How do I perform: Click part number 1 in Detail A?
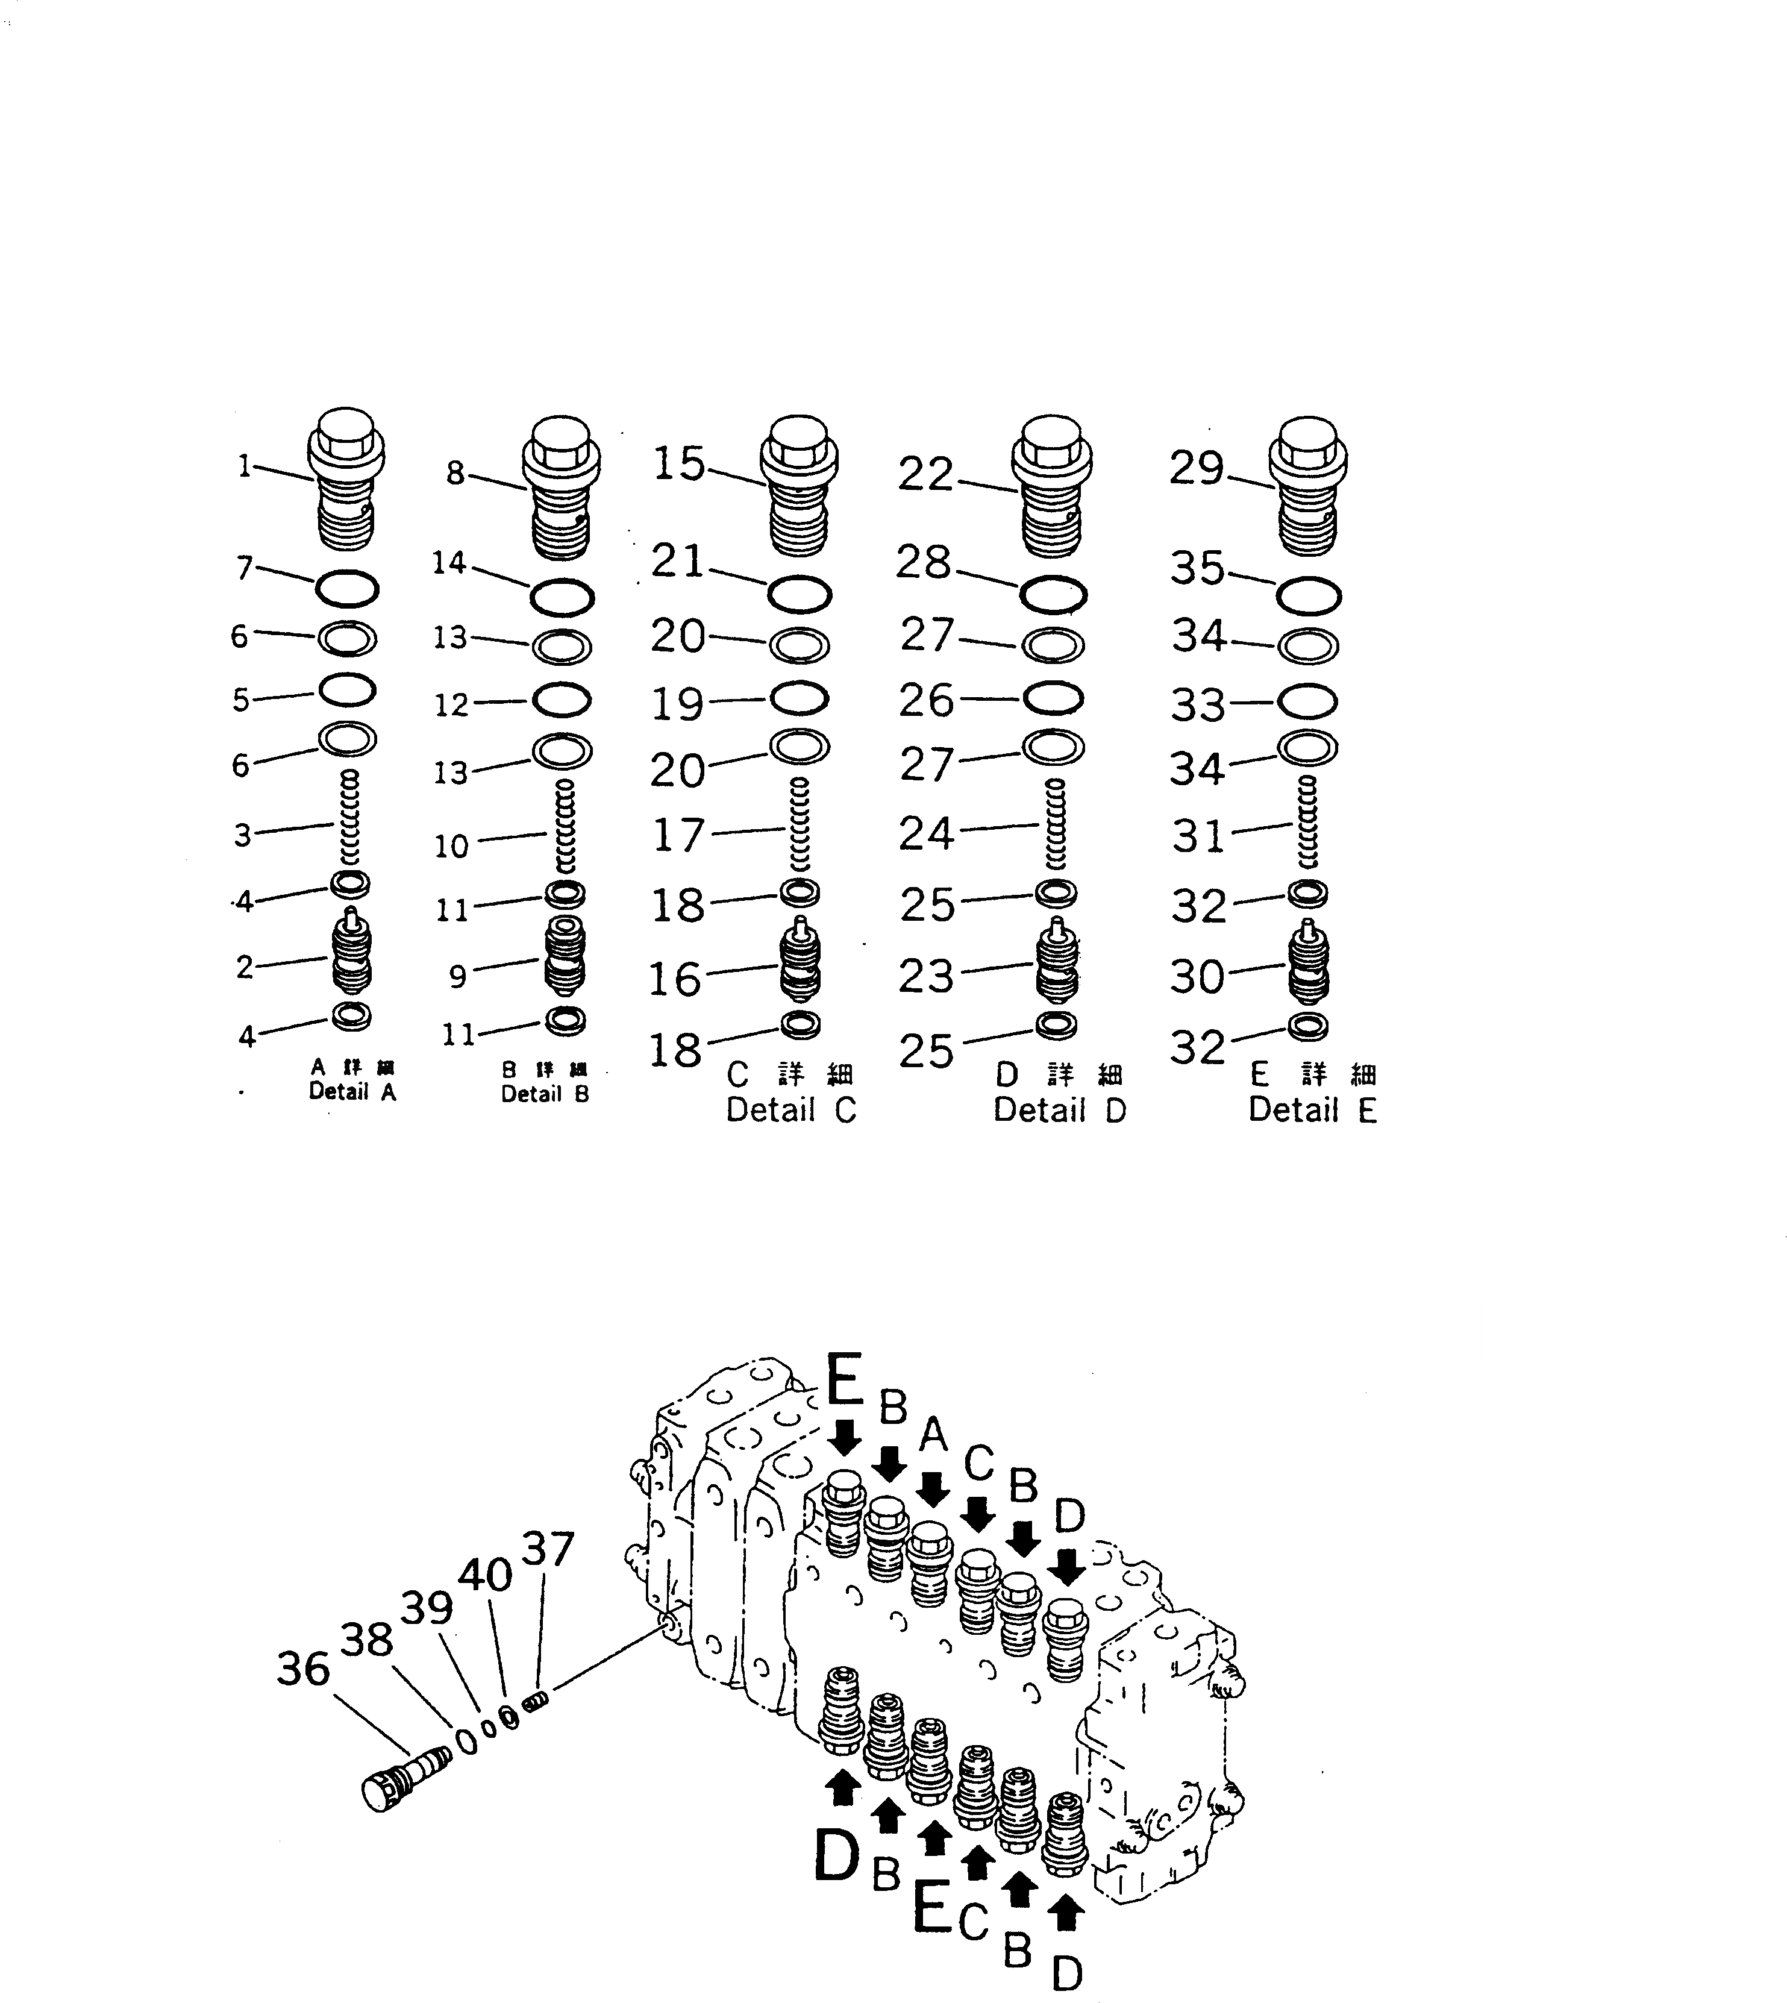245,466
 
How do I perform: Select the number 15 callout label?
678,463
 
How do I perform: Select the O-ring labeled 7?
346,589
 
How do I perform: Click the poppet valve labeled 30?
1308,964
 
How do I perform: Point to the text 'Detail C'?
792,1111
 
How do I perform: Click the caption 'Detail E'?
1313,1111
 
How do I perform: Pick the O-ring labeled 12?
562,700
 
